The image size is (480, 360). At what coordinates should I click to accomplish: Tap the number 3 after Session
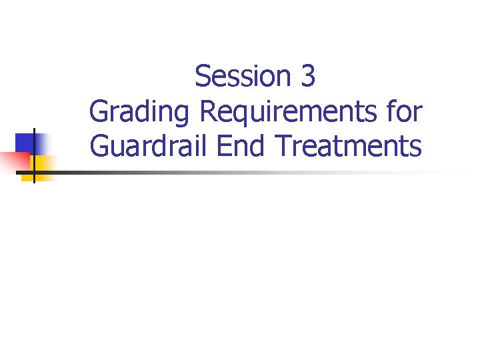point(307,77)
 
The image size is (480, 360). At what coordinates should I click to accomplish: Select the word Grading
point(140,113)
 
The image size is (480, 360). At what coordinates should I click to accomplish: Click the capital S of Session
point(203,77)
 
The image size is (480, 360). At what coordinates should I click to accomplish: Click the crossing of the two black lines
point(33,172)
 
